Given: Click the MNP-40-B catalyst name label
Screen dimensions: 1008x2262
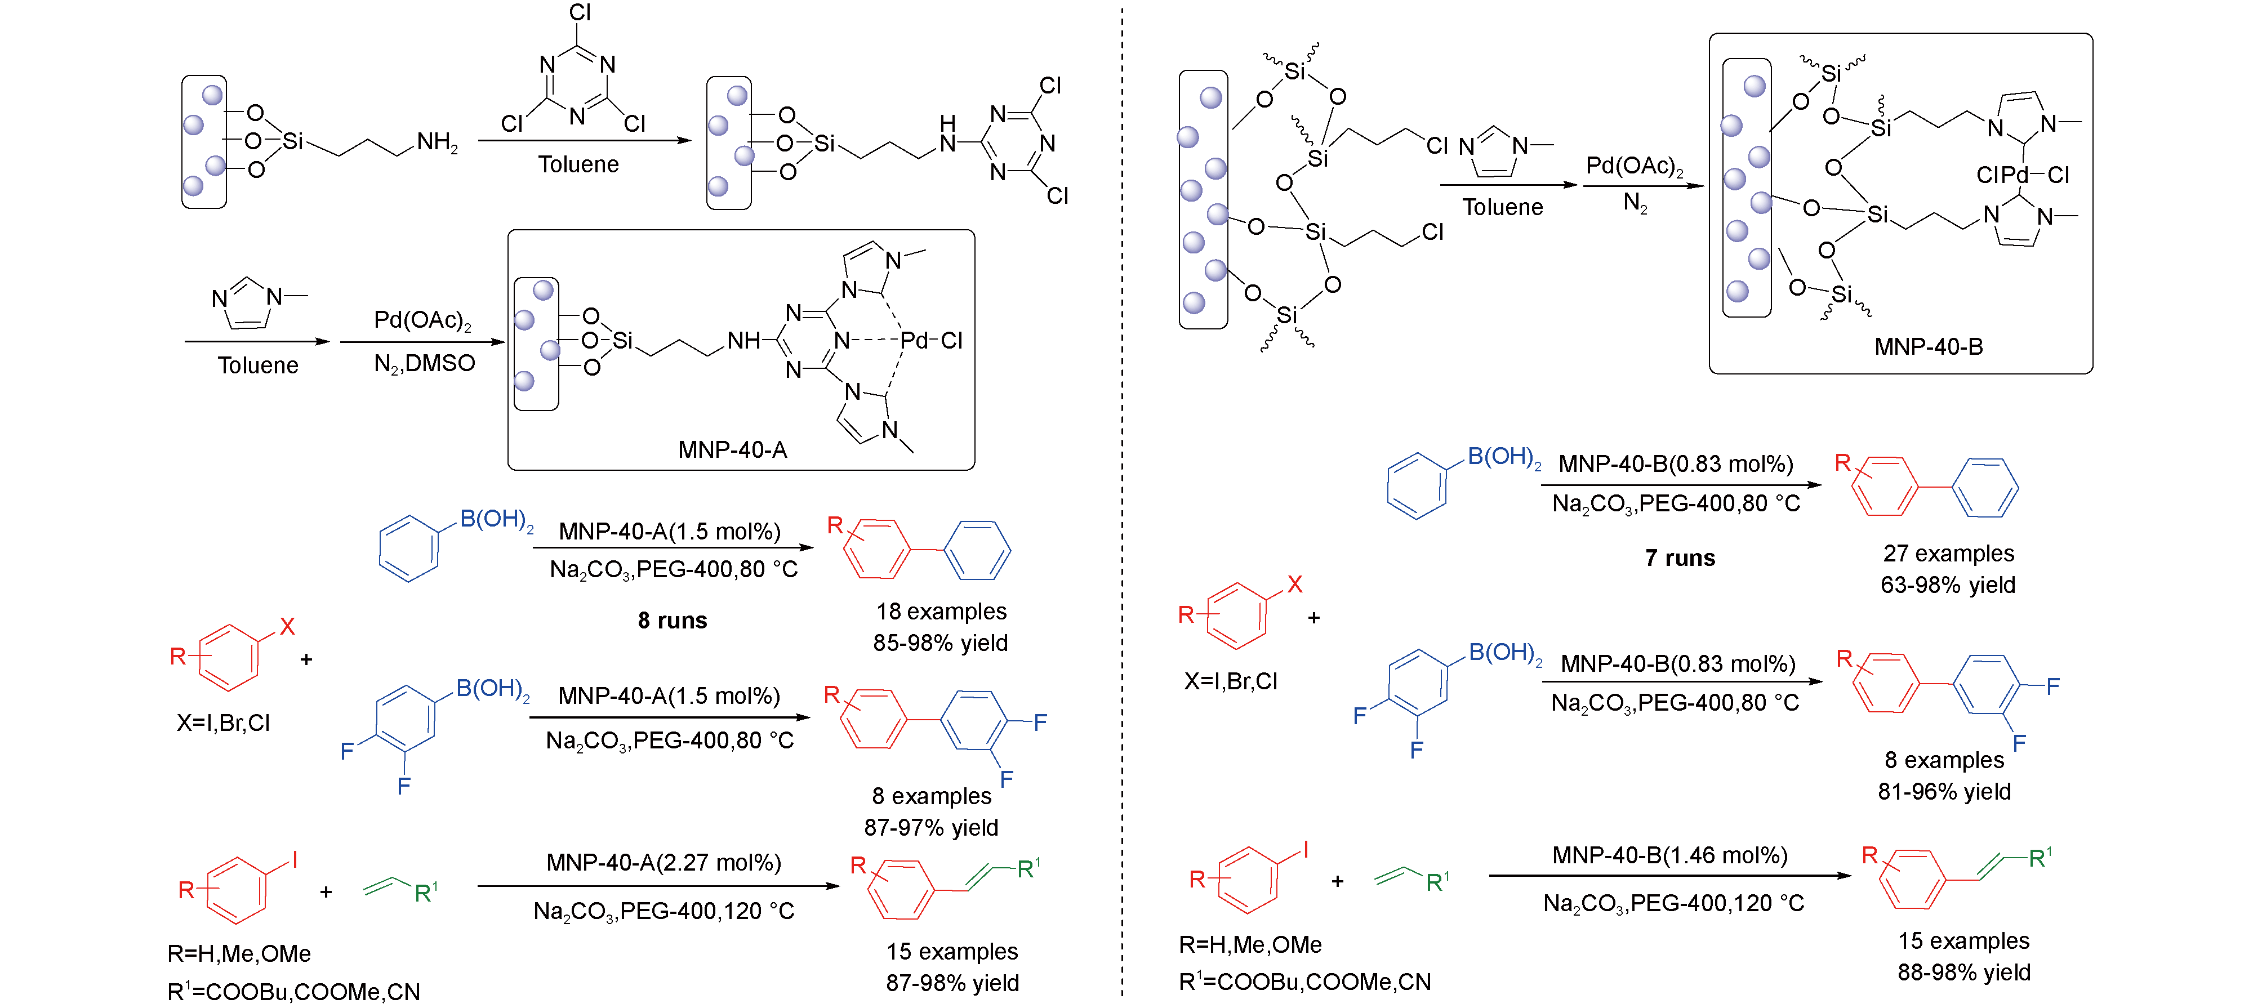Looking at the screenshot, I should (x=1929, y=347).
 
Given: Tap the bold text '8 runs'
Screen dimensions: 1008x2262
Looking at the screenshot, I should (x=672, y=621).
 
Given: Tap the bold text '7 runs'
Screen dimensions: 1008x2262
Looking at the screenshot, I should (x=1679, y=559).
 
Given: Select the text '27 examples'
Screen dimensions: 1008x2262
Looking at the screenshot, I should (x=1948, y=553).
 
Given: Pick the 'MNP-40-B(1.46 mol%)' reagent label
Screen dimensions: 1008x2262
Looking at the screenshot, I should (x=1669, y=855).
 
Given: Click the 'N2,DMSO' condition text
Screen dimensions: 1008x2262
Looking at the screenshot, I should (x=424, y=364).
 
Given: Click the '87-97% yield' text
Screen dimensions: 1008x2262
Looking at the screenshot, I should (x=931, y=827).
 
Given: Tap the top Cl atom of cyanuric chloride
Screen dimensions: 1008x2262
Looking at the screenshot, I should (x=580, y=12).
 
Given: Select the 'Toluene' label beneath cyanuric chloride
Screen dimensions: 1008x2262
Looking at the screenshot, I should (x=578, y=164).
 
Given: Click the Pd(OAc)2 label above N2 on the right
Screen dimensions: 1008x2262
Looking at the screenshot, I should (x=1634, y=166).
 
